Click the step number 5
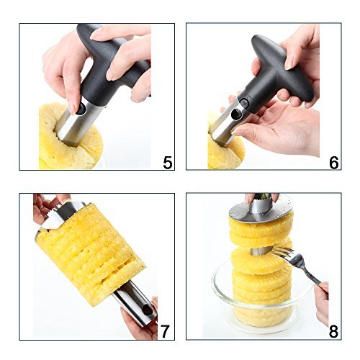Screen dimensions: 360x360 click(168, 163)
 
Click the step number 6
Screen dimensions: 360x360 click(334, 163)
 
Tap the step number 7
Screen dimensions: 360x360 click(165, 331)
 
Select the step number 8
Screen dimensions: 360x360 click(333, 331)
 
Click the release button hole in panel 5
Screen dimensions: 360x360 click(81, 109)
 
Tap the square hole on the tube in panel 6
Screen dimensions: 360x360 click(237, 113)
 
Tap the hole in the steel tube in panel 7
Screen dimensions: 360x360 click(147, 311)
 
